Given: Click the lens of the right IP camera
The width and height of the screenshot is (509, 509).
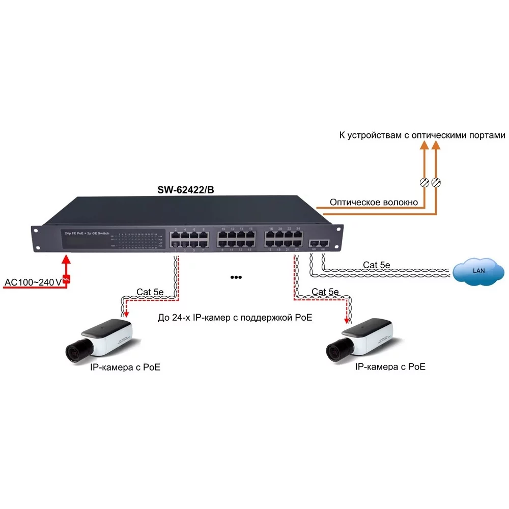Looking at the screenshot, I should (334, 351).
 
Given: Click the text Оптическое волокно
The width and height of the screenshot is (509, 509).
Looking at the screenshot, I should (374, 203).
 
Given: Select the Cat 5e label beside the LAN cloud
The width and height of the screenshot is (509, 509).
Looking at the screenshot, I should (377, 265).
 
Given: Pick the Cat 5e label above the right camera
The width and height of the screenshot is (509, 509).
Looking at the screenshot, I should (325, 292).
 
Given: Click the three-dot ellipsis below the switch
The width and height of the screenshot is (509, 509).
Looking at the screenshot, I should (235, 277).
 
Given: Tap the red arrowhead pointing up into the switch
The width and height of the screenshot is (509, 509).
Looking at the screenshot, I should (66, 259).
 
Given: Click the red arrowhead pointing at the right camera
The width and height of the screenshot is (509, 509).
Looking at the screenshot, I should (348, 321).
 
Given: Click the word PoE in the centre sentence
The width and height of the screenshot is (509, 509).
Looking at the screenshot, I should (302, 318).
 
